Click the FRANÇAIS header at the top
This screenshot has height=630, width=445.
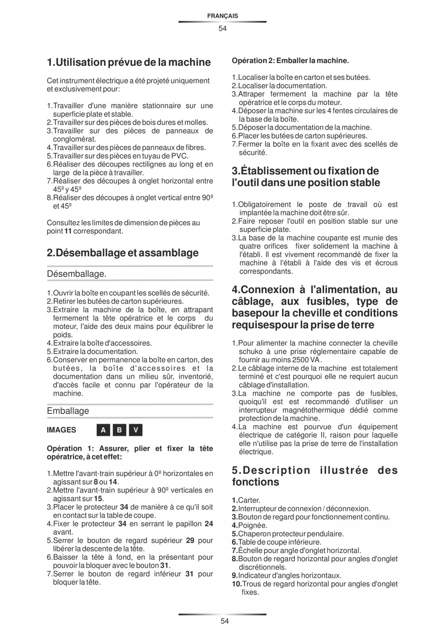pos(222,16)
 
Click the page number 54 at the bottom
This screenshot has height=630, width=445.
pos(222,621)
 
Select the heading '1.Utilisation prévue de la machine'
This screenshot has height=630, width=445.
pos(129,62)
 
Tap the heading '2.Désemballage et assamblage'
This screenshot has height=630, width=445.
pos(122,253)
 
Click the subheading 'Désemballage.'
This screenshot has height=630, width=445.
pos(76,274)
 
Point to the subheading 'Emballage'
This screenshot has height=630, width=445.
pos(68,411)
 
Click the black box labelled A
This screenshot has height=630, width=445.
pos(103,430)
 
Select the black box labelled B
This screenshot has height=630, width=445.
pos(119,430)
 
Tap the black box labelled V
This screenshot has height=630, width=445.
pos(136,430)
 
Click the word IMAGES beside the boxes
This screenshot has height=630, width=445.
pos(61,430)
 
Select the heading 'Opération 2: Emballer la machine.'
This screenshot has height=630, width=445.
pos(290,61)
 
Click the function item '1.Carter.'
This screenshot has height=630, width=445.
pos(246,500)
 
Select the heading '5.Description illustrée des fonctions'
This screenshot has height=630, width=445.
pos(314,476)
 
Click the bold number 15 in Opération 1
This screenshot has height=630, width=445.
pos(98,498)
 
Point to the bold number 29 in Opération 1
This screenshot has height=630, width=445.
pos(190,540)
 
